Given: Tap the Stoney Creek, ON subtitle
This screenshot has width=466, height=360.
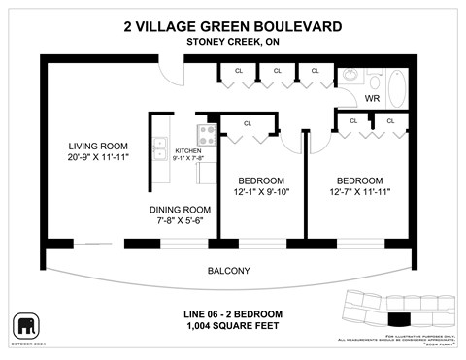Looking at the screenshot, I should (233, 42).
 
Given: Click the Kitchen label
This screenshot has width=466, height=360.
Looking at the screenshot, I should (186, 151).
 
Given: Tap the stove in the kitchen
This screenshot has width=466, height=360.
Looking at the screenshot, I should (207, 135).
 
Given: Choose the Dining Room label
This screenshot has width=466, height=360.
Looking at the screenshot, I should (180, 210).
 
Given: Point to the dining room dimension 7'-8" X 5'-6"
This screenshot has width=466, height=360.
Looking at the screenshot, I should (180, 221).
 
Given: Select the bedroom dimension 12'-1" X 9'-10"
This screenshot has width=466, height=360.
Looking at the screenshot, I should (262, 192).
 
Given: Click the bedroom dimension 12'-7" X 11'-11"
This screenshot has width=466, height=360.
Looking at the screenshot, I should (359, 192).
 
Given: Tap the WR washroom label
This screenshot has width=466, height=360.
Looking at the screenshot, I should (371, 99).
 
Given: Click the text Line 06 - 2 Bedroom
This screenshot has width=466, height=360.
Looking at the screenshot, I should (233, 313).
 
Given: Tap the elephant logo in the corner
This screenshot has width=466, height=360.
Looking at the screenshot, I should (26, 324).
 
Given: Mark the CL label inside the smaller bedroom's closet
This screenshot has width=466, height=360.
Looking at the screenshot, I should (248, 123).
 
